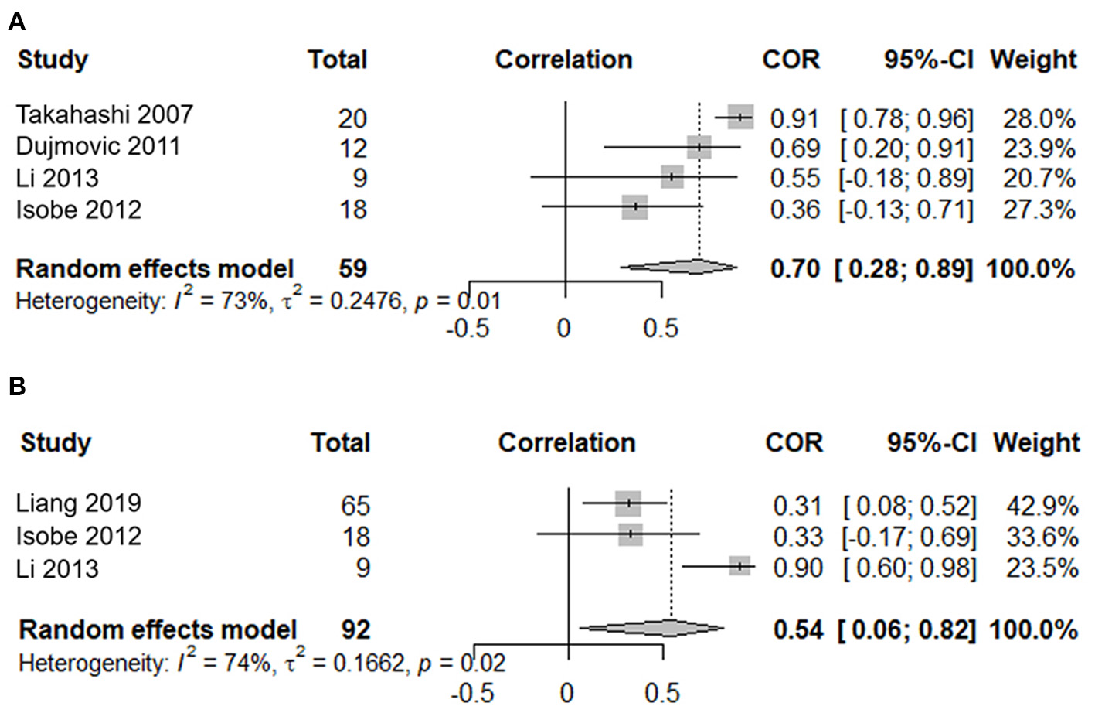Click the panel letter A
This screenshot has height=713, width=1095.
tap(17, 22)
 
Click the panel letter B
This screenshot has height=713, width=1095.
tap(17, 386)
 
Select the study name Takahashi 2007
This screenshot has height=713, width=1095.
tap(104, 114)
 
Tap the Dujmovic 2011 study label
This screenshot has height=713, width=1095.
tap(98, 146)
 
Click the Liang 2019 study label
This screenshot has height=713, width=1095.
tap(79, 503)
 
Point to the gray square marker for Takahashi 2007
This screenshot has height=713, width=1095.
tap(740, 117)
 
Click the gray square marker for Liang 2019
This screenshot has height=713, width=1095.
tap(628, 503)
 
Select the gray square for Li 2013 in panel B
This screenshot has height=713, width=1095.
tap(740, 567)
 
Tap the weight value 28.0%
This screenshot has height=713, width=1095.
tap(1039, 119)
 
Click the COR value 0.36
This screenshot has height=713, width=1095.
tap(794, 210)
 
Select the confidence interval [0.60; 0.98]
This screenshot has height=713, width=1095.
tap(910, 568)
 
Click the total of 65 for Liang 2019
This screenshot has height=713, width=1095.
tap(355, 506)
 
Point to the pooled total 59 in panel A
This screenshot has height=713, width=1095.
tap(352, 269)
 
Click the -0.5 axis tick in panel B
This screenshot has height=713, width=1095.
tap(471, 692)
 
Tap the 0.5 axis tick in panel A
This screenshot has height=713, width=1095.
tap(661, 329)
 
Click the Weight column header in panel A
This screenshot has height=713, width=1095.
tap(1033, 60)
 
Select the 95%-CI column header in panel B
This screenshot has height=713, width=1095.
tap(931, 442)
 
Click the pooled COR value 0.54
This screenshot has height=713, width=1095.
tap(797, 629)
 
